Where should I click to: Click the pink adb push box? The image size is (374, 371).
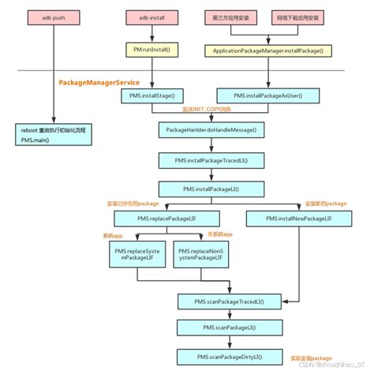[51, 16]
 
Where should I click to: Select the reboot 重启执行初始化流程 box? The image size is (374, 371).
[53, 133]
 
